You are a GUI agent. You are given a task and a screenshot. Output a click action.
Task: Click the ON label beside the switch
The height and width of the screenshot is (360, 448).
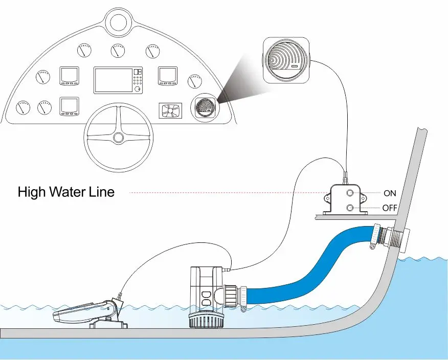390,193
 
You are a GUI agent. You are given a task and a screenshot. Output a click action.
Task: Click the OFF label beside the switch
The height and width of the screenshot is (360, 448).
390,208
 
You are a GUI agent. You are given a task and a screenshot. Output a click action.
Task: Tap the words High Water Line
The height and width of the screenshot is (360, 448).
66,192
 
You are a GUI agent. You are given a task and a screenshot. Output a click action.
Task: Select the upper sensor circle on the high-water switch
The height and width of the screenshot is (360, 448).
350,193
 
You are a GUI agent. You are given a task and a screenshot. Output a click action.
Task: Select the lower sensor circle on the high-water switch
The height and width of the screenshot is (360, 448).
350,208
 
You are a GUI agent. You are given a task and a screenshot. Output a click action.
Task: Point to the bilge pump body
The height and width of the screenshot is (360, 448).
206,289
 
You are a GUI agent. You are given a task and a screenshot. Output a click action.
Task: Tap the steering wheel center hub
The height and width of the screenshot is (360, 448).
118,138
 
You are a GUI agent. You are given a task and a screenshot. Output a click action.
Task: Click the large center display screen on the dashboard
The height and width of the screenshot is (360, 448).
113,80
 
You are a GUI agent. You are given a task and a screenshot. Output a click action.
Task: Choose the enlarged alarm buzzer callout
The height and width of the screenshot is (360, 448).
286,60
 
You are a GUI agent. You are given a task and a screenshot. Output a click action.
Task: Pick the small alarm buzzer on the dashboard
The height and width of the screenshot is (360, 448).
204,108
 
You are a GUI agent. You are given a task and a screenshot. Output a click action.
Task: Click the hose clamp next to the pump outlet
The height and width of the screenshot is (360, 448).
243,299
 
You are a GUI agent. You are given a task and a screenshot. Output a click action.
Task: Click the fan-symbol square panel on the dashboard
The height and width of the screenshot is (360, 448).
170,111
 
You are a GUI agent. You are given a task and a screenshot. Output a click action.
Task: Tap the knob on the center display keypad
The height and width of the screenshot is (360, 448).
139,89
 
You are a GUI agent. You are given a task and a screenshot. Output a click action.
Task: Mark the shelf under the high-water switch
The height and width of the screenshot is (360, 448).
356,217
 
